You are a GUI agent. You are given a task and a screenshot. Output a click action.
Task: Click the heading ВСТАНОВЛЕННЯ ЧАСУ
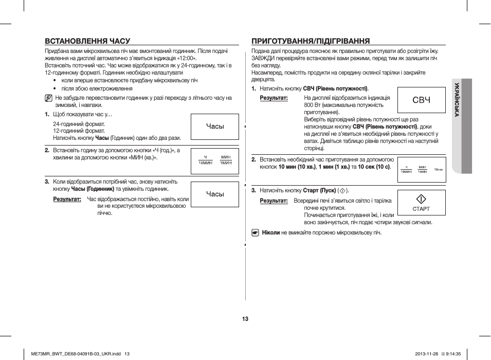click(x=87, y=41)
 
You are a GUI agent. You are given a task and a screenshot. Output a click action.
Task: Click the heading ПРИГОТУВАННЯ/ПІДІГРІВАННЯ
click(x=311, y=41)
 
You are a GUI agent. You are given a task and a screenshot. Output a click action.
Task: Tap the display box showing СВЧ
click(x=421, y=100)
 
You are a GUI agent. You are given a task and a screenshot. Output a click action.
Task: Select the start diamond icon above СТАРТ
click(x=421, y=199)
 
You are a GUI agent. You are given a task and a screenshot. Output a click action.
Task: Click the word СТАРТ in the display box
click(x=421, y=209)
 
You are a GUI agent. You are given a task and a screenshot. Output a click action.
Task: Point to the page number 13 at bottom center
click(x=245, y=319)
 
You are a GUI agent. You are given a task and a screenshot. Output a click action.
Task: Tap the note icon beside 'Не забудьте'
click(x=48, y=97)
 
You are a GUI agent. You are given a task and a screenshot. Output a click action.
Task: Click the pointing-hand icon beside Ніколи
click(x=255, y=233)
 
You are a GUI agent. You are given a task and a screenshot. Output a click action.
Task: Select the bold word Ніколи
click(x=270, y=233)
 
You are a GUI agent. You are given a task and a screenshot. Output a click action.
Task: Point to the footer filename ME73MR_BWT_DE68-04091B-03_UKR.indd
click(x=76, y=353)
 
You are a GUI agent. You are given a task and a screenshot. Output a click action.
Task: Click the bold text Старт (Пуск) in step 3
click(x=319, y=190)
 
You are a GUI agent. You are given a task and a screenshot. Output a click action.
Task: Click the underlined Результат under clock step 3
click(x=67, y=199)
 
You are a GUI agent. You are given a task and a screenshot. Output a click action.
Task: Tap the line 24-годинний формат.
click(x=79, y=124)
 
